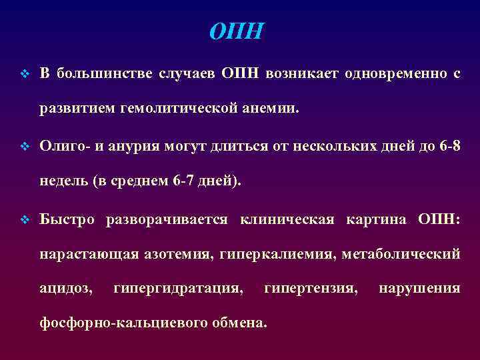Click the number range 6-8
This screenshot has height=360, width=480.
449,145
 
